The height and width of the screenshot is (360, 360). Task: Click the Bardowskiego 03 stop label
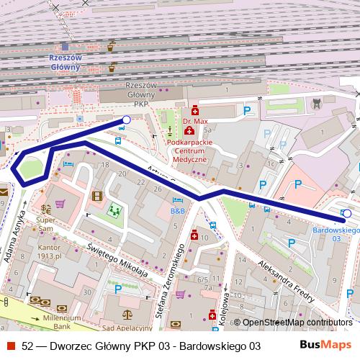pyautogui.click(x=336, y=234)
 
